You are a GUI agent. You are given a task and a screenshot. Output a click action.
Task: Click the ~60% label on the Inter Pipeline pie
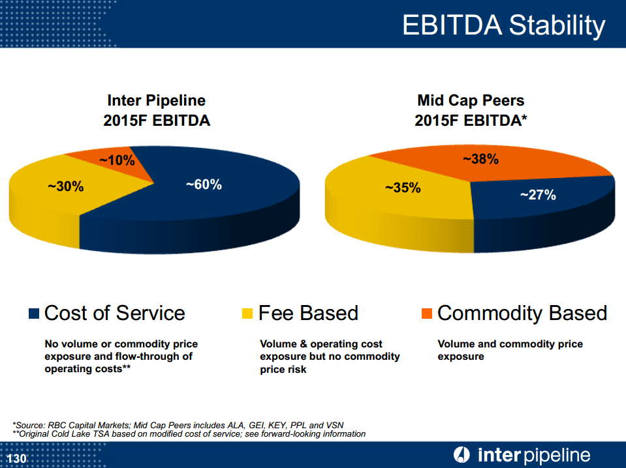(x=204, y=185)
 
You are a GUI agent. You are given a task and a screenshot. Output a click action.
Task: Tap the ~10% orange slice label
(x=117, y=160)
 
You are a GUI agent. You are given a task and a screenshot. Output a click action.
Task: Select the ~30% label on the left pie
(x=66, y=186)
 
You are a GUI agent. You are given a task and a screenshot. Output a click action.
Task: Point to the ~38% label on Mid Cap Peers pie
(x=481, y=159)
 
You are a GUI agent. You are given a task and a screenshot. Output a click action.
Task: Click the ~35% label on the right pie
(x=403, y=188)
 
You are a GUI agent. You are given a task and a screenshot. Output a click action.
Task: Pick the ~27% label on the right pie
(x=538, y=195)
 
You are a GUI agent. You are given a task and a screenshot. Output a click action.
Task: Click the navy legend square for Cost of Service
(x=35, y=314)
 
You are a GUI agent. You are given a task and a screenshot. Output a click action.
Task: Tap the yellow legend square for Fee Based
(x=247, y=314)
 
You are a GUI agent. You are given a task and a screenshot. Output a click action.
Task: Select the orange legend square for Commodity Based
(x=427, y=314)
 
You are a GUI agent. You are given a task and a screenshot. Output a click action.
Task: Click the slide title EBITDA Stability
(x=503, y=25)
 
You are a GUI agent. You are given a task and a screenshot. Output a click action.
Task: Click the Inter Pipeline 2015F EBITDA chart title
(x=157, y=111)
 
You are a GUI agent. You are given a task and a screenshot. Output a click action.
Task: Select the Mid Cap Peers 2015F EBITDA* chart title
(x=471, y=111)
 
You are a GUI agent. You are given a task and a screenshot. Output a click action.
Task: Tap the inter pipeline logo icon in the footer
(x=462, y=455)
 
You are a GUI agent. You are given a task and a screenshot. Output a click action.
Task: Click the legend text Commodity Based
(x=522, y=314)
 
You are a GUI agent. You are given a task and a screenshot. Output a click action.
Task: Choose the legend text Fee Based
(x=308, y=314)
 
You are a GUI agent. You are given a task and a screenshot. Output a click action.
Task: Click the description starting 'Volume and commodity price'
(x=510, y=350)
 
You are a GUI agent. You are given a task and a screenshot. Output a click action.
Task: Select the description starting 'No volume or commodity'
(x=121, y=356)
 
